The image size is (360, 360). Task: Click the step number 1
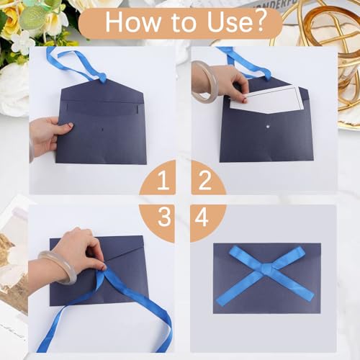[x=163, y=181]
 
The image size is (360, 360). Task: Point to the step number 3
[x=164, y=217]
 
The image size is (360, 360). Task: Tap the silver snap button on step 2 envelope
[x=268, y=125]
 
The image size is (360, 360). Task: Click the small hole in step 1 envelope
[x=103, y=130]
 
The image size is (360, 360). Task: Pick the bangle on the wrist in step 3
[x=58, y=266]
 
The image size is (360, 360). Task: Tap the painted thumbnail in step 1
[x=71, y=125]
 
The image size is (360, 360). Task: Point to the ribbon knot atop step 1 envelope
[x=103, y=77]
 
